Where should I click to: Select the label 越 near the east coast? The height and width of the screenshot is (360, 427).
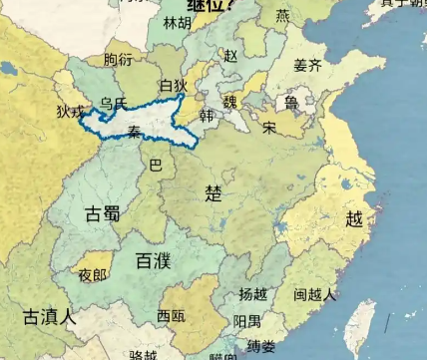point(354,219)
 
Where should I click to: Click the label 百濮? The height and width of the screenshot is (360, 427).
point(153,261)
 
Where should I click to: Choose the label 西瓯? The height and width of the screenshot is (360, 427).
point(171,316)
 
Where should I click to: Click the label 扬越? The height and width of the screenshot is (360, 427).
point(253,294)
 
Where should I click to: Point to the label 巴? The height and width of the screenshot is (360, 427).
point(155,164)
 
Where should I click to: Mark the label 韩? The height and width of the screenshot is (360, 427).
point(207,117)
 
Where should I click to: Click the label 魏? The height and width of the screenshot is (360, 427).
point(230,102)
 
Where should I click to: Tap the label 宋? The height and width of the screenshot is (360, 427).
point(269,128)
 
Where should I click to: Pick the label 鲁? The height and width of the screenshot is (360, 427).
point(291,103)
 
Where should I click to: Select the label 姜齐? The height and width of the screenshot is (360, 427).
point(307,66)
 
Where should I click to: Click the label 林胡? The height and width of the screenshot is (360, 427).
point(178,22)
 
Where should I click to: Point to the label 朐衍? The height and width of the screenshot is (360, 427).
point(118,61)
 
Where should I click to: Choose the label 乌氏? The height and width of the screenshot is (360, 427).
point(113,103)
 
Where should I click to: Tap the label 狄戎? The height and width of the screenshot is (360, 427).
point(70,112)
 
